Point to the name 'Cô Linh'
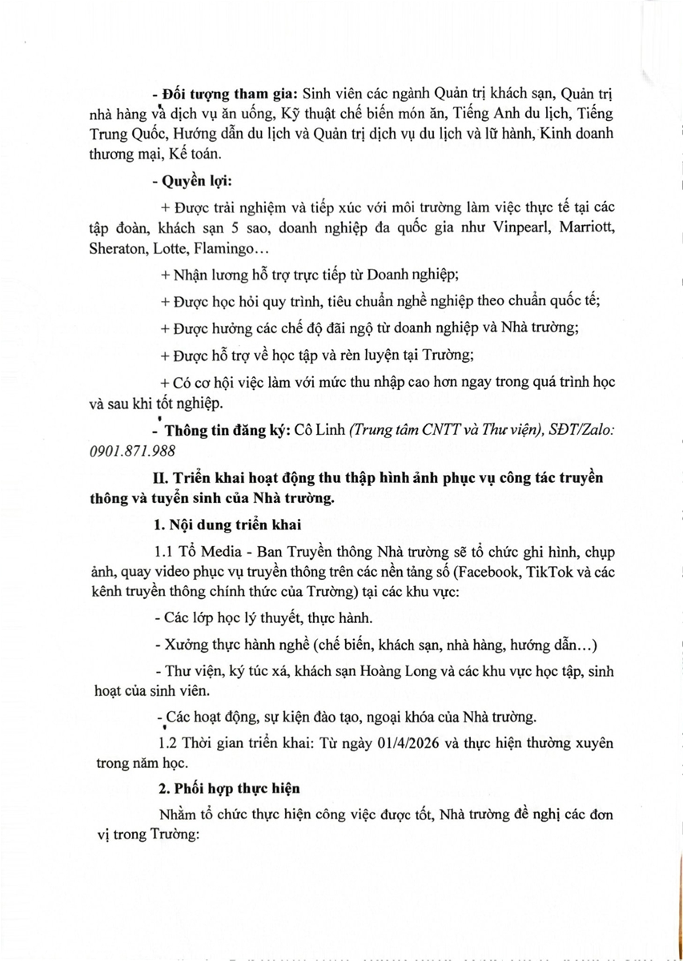coord(319,430)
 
